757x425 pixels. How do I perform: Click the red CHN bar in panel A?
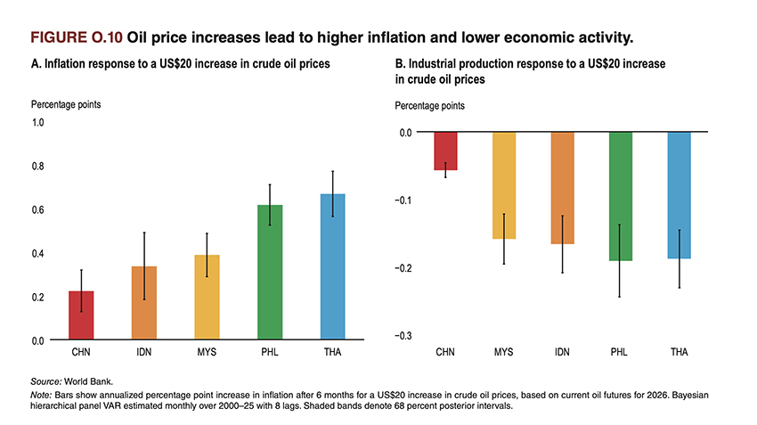(x=81, y=316)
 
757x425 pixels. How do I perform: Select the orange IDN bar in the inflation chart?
(x=143, y=304)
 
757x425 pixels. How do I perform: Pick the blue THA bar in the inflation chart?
(x=332, y=267)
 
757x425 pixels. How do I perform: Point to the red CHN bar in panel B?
(x=445, y=151)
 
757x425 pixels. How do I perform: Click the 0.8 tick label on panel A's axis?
(x=38, y=166)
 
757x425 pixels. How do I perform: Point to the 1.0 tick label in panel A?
(x=38, y=122)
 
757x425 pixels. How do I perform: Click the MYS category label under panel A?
(x=207, y=354)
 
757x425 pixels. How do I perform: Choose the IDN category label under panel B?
(x=562, y=354)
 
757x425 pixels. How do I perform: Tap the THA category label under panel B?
(x=679, y=354)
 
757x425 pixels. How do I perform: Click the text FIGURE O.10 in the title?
(x=76, y=38)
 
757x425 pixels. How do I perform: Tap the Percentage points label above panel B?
(x=429, y=106)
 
